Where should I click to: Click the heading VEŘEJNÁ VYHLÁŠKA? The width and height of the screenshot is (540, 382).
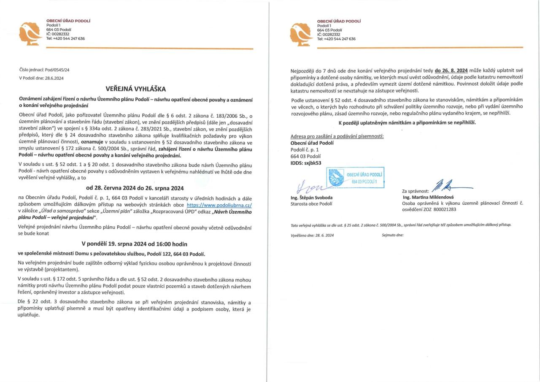[x=136, y=89]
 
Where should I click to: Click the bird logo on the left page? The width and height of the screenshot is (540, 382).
[x=30, y=33]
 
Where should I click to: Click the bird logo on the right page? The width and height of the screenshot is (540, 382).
[x=301, y=33]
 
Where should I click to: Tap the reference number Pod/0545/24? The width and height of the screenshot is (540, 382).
[x=57, y=70]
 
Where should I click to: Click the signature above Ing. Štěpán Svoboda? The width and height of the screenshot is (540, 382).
[x=310, y=186]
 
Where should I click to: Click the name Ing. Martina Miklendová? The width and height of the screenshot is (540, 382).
[x=428, y=197]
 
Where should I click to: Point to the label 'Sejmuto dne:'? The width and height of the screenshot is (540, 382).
[x=392, y=235]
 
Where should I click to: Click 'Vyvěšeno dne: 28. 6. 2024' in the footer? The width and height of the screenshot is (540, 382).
[x=312, y=235]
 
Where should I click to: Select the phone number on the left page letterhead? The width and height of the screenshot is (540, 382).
[x=65, y=38]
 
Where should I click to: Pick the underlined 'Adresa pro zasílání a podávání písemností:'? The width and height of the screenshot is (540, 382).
[x=337, y=136]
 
